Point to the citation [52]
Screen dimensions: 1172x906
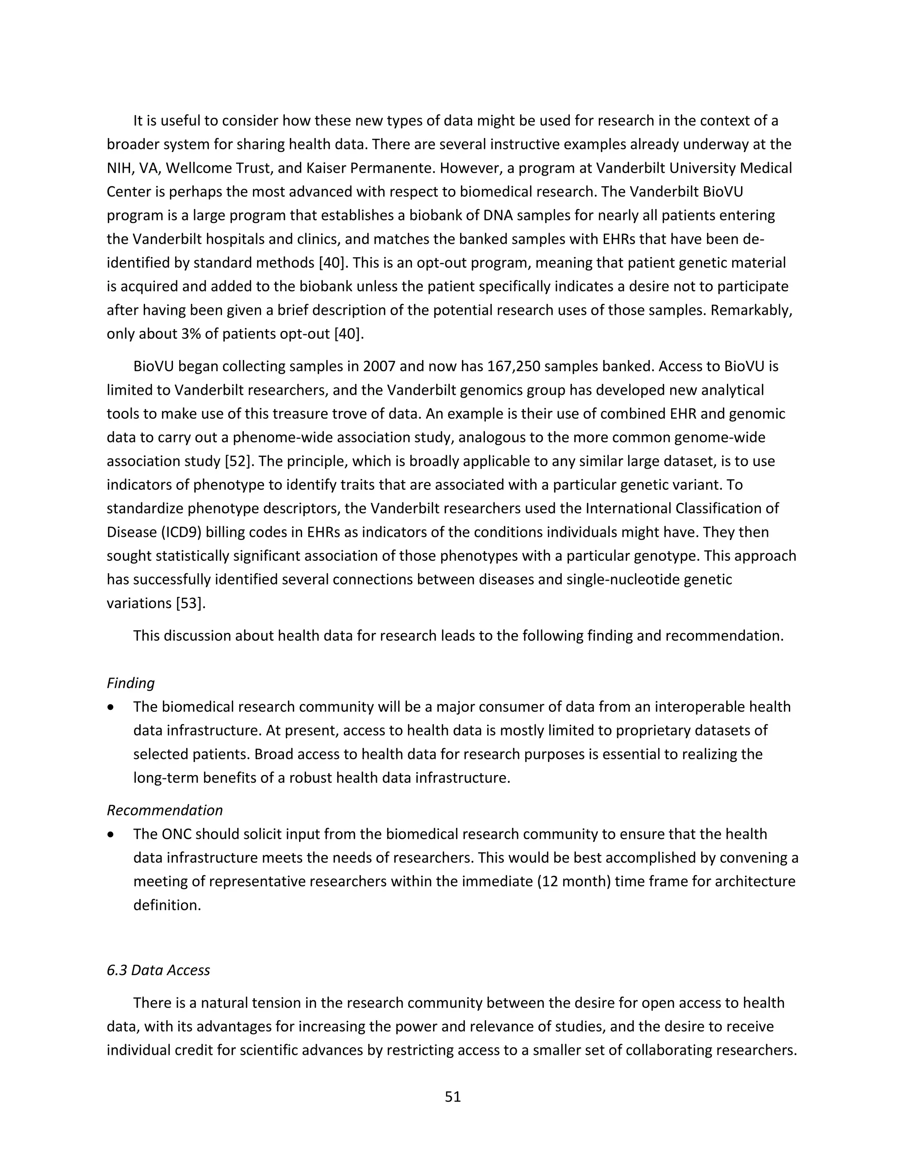coord(234,461)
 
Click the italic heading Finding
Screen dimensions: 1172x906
coord(131,683)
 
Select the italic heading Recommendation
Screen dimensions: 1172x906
coord(164,810)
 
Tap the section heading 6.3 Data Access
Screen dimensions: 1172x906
coord(158,970)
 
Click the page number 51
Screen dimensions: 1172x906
coord(453,1097)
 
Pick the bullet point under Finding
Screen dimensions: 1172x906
coord(111,708)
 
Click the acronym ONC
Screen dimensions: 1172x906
coord(176,835)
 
